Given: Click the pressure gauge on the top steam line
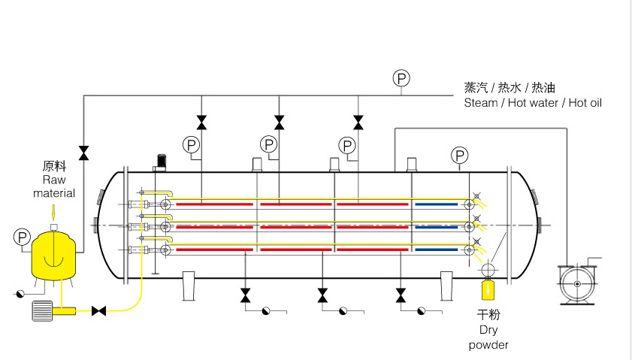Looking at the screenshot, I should [402, 77].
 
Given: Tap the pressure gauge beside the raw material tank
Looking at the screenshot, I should [22, 237].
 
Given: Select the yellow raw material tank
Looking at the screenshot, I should [54, 253].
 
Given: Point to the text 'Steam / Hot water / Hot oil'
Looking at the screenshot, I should [533, 103].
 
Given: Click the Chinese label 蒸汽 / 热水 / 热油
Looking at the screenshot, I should [510, 88].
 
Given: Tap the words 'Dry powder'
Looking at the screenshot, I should [488, 337].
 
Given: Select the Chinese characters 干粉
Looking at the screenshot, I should [489, 314].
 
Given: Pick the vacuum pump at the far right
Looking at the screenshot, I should [578, 283].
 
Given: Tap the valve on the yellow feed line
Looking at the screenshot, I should [98, 310].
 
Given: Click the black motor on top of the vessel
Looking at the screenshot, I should [160, 161].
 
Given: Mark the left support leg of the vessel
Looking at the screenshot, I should [188, 286].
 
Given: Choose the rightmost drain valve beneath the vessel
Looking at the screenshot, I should [401, 295].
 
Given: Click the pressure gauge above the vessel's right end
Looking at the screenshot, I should [460, 156].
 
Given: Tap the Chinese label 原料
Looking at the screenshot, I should [55, 167].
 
